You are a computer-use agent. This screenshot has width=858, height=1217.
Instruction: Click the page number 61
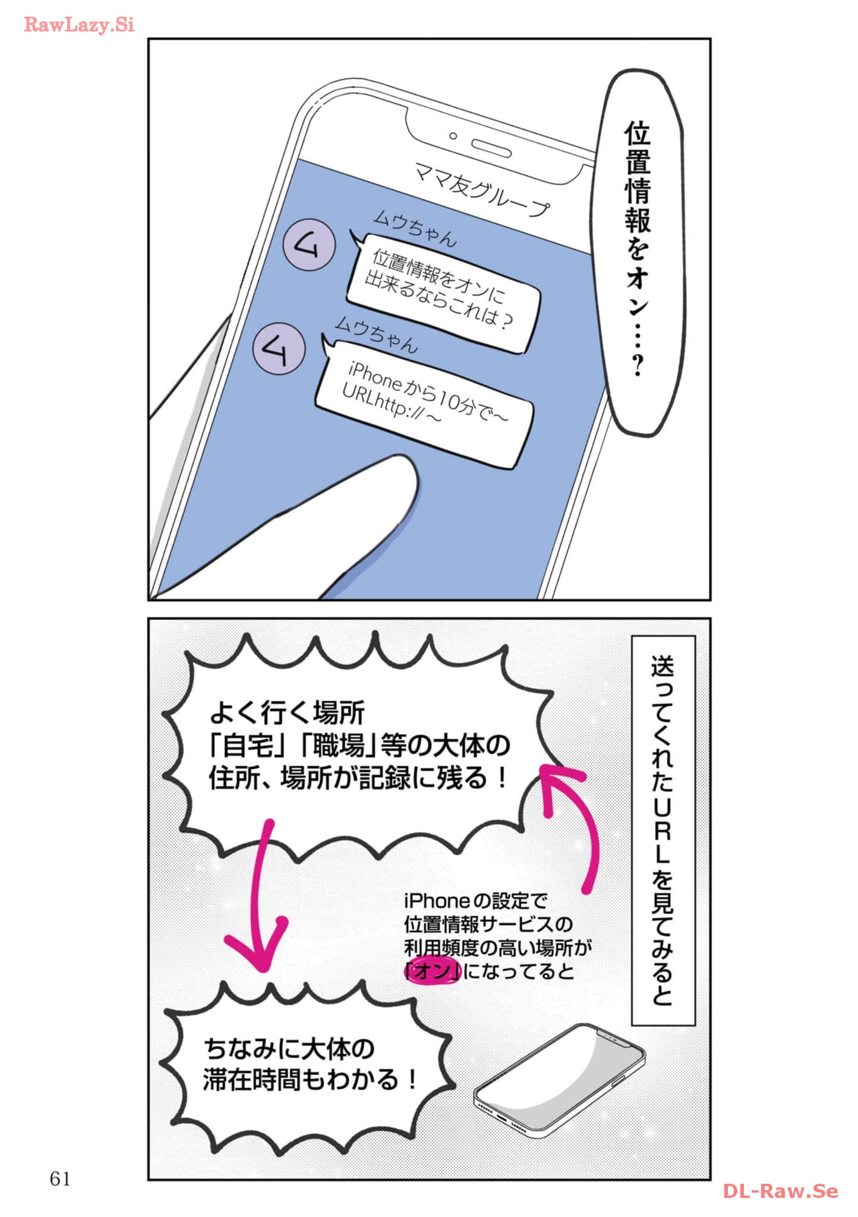[60, 1178]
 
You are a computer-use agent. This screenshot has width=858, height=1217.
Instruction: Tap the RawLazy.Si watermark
[79, 24]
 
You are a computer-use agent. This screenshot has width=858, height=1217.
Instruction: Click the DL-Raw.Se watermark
[781, 1191]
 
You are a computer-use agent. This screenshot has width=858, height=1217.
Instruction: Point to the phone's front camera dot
[453, 136]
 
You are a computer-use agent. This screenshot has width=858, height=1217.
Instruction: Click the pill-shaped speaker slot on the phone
[491, 149]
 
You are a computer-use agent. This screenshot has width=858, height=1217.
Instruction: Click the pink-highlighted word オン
[433, 972]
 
